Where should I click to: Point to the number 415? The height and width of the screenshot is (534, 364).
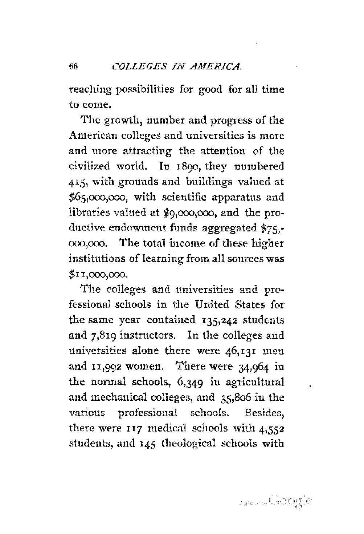(x=78, y=182)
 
